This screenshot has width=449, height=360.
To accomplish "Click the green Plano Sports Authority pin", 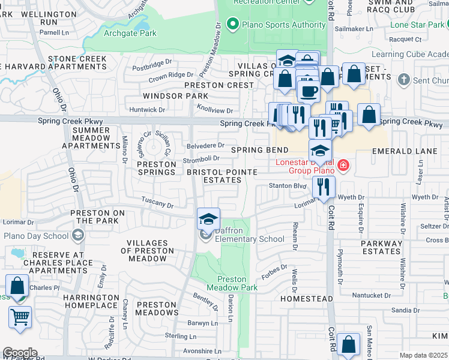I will point(232,25).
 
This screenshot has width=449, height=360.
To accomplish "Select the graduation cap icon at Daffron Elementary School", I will point(208,219).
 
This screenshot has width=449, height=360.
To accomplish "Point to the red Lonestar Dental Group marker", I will point(343,164).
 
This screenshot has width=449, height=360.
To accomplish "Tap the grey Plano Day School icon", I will point(77,236).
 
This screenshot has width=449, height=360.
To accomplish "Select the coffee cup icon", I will point(309,91).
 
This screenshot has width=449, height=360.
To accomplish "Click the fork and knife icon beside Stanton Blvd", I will point(324,186).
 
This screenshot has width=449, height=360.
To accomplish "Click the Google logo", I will point(20,352).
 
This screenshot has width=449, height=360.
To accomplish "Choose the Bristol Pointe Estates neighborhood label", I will point(221,176).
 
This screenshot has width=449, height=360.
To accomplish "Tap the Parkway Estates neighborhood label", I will point(381,247).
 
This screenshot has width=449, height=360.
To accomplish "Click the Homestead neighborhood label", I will point(306,298).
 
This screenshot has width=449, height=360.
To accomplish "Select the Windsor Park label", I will point(167,96).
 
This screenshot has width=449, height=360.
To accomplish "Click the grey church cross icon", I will point(403,80).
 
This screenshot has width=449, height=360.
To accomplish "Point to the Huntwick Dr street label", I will point(147,110).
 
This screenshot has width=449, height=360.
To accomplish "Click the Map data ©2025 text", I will point(423,355).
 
